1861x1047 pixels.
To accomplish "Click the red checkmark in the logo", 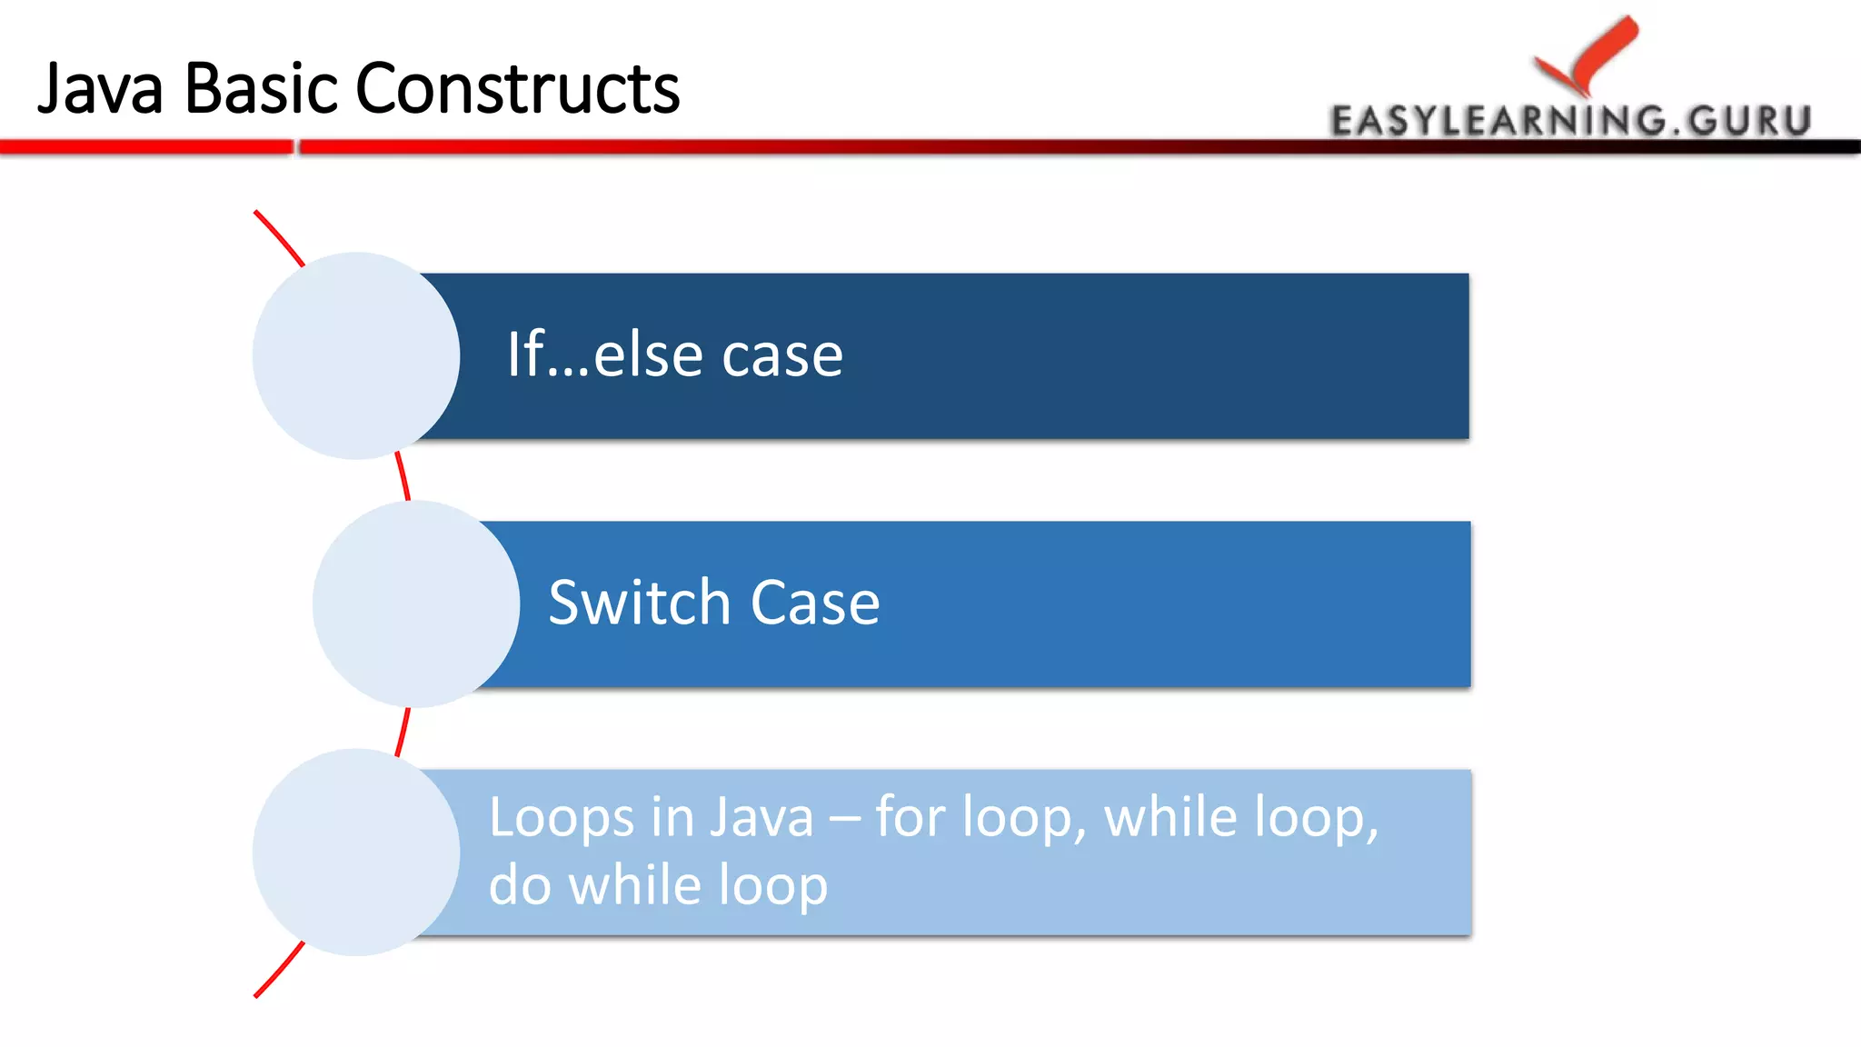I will pyautogui.click(x=1590, y=55).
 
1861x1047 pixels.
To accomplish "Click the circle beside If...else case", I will pyautogui.click(x=356, y=355).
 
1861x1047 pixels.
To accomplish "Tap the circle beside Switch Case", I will pyautogui.click(x=416, y=603).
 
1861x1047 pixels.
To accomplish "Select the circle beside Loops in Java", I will pyautogui.click(x=356, y=852).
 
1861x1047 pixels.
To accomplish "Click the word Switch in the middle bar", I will pyautogui.click(x=640, y=603).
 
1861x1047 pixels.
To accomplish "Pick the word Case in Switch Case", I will pyautogui.click(x=815, y=603).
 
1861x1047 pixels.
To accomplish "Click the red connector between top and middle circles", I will pyautogui.click(x=403, y=476).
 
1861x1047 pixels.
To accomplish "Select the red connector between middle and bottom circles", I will pyautogui.click(x=403, y=731).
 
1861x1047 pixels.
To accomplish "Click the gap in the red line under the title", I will pyautogui.click(x=296, y=147).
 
